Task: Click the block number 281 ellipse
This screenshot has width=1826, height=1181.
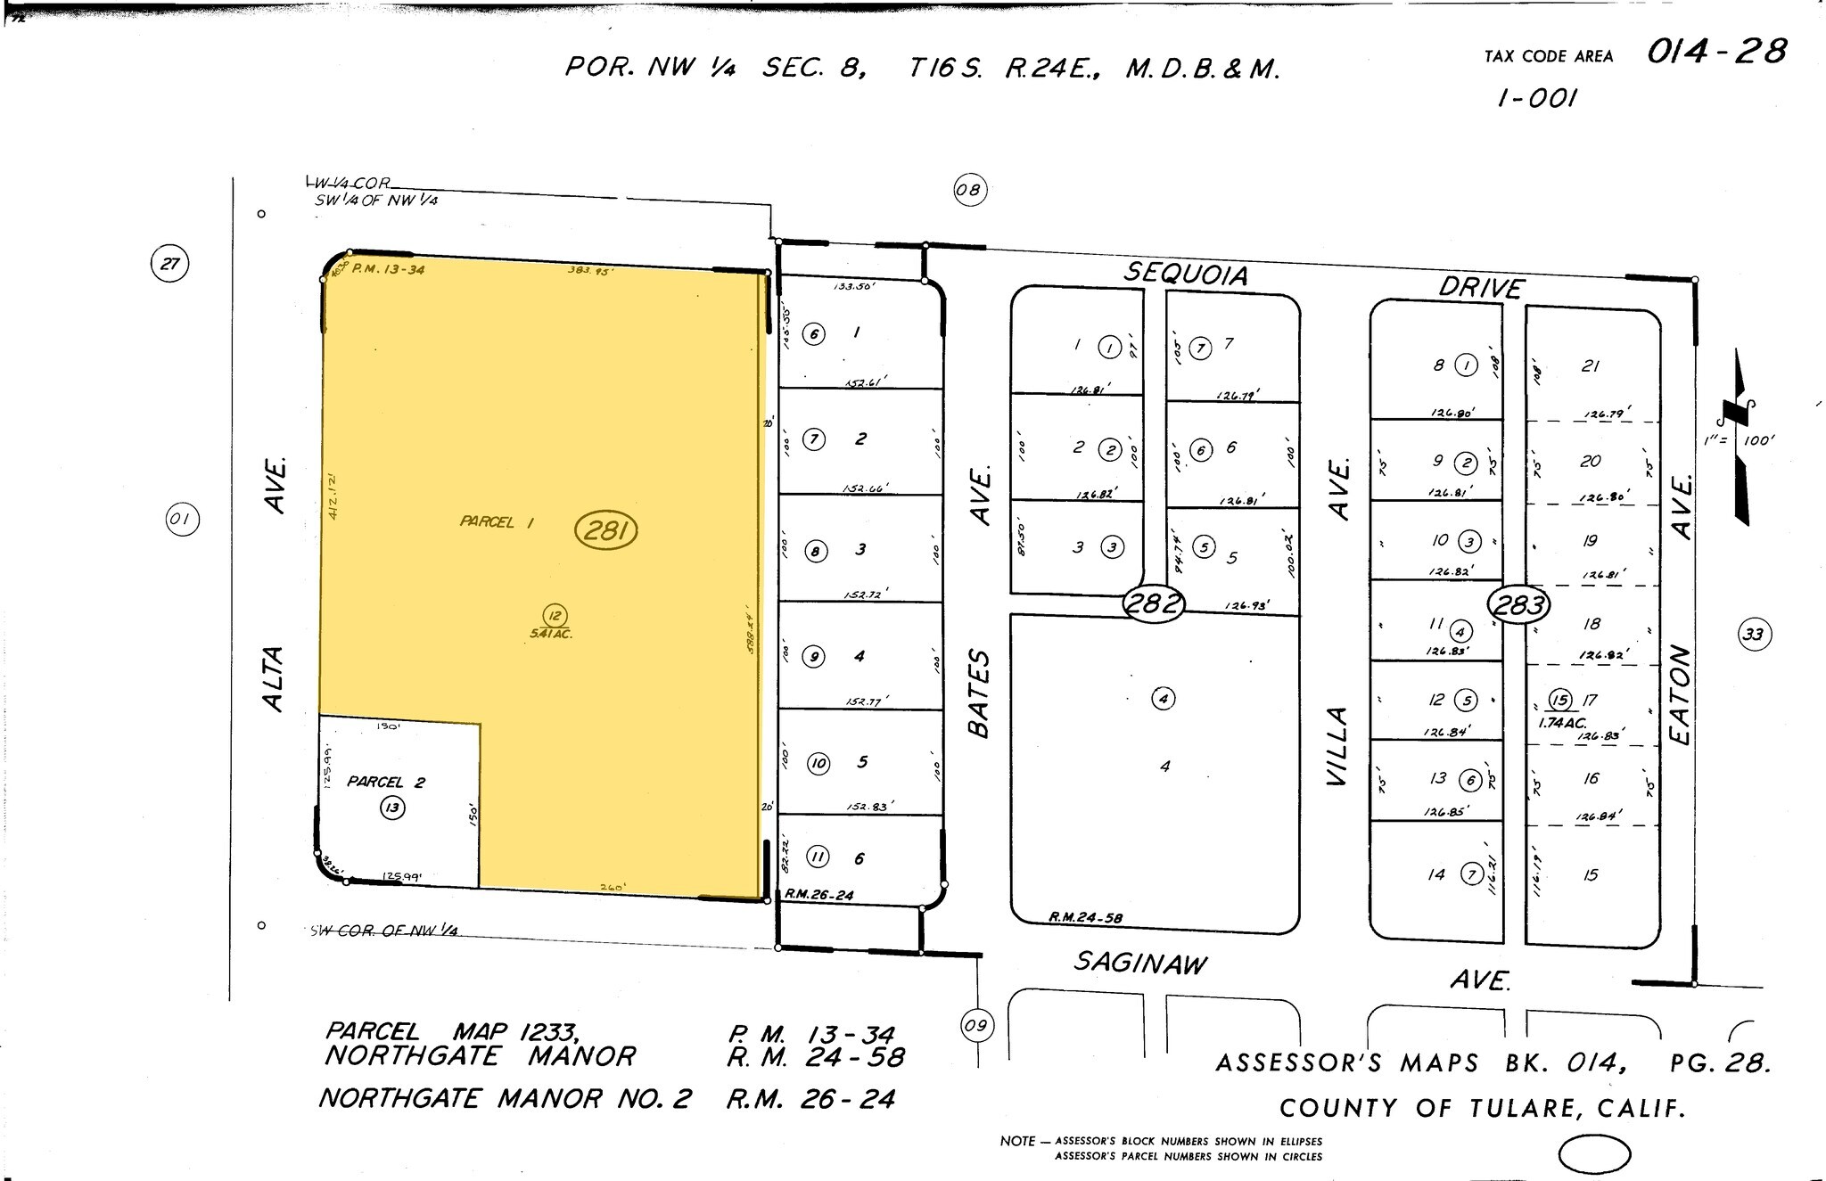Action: click(x=606, y=531)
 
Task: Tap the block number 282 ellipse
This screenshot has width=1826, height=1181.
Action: click(x=1154, y=604)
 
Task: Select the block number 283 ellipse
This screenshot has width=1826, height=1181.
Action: click(x=1518, y=606)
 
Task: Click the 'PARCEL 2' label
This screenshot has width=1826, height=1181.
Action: click(x=386, y=782)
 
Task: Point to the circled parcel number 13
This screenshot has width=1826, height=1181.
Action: click(x=392, y=808)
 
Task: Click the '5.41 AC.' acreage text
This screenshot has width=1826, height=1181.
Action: click(x=550, y=634)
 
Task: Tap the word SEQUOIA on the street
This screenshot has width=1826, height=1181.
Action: click(x=1186, y=274)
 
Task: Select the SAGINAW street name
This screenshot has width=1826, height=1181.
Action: click(x=1140, y=963)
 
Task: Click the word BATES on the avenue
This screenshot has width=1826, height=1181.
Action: click(x=979, y=693)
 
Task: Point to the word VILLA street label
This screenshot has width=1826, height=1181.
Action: click(x=1337, y=746)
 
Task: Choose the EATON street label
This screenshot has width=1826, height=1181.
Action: click(x=1680, y=694)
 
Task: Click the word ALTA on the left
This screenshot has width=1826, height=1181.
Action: click(x=273, y=678)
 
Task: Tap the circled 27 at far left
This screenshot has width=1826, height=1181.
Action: click(x=169, y=264)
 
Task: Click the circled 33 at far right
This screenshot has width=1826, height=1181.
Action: click(x=1754, y=635)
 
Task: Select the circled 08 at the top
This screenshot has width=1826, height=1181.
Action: click(x=968, y=190)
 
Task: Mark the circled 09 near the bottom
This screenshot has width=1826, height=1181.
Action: click(x=976, y=1025)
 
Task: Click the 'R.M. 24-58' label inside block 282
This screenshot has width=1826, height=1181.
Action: click(x=1085, y=917)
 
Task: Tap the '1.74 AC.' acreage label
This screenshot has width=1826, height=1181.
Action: click(x=1562, y=723)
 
